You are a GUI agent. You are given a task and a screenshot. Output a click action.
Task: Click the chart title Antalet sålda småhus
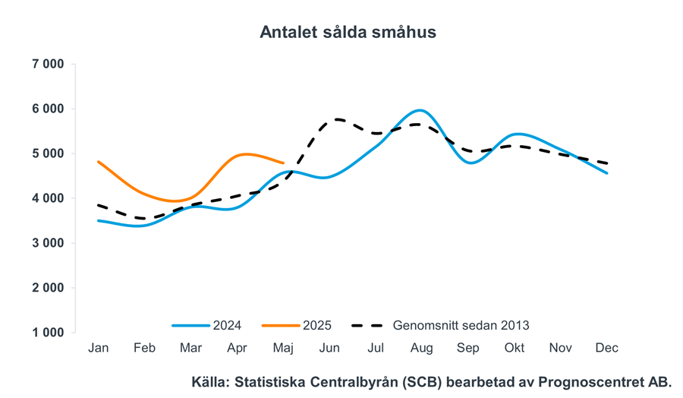point(348,32)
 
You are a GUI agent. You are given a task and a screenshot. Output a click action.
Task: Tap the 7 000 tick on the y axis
point(48,64)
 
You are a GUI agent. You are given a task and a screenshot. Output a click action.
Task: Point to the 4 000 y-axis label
point(48,198)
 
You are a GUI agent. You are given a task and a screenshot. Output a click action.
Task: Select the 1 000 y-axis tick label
point(48,333)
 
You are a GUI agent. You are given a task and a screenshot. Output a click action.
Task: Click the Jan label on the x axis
point(99,348)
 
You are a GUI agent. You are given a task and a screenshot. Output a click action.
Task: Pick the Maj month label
point(283,348)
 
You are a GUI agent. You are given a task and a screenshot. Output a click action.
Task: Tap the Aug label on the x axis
point(421,348)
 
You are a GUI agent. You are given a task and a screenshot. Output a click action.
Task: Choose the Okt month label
point(515,348)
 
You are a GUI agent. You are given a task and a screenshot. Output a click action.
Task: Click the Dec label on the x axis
point(607,348)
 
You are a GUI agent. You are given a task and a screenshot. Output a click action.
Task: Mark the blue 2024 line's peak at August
point(421,111)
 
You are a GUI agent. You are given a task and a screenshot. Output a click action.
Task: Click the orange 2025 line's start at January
point(99,162)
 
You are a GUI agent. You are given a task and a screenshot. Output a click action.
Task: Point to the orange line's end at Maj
point(283,163)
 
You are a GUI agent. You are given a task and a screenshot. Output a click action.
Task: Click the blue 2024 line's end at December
point(607,173)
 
